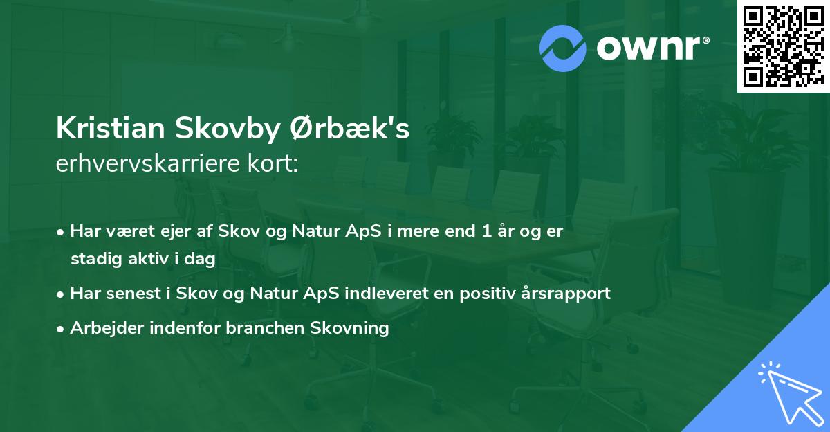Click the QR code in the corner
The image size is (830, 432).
[783, 46]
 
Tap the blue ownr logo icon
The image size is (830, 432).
[563, 48]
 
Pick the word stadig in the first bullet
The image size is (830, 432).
[93, 259]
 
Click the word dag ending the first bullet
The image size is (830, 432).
[201, 259]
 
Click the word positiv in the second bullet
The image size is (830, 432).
[485, 293]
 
